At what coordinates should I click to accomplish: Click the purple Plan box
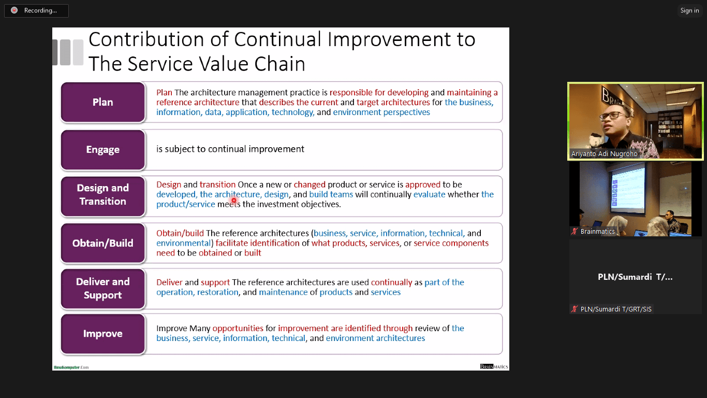(103, 102)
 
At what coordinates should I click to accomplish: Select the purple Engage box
(103, 150)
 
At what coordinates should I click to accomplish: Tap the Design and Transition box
(103, 196)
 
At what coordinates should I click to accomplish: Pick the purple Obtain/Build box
(103, 243)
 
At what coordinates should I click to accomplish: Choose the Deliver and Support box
(103, 288)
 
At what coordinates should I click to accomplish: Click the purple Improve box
(103, 334)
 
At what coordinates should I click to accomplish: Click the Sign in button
(689, 10)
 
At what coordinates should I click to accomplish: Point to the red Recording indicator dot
(14, 10)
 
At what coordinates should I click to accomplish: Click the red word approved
(423, 184)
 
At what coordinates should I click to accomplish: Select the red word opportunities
(238, 328)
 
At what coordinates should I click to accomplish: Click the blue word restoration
(218, 292)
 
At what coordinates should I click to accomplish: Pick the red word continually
(391, 282)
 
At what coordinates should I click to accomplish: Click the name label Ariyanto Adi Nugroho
(605, 154)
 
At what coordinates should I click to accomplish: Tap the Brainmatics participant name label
(597, 232)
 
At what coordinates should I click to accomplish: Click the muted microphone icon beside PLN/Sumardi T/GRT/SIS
(575, 309)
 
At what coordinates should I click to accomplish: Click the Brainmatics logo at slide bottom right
(494, 366)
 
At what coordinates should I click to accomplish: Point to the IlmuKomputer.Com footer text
(71, 367)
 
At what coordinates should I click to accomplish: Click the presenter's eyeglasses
(612, 115)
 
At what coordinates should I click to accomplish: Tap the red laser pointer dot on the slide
(234, 200)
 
